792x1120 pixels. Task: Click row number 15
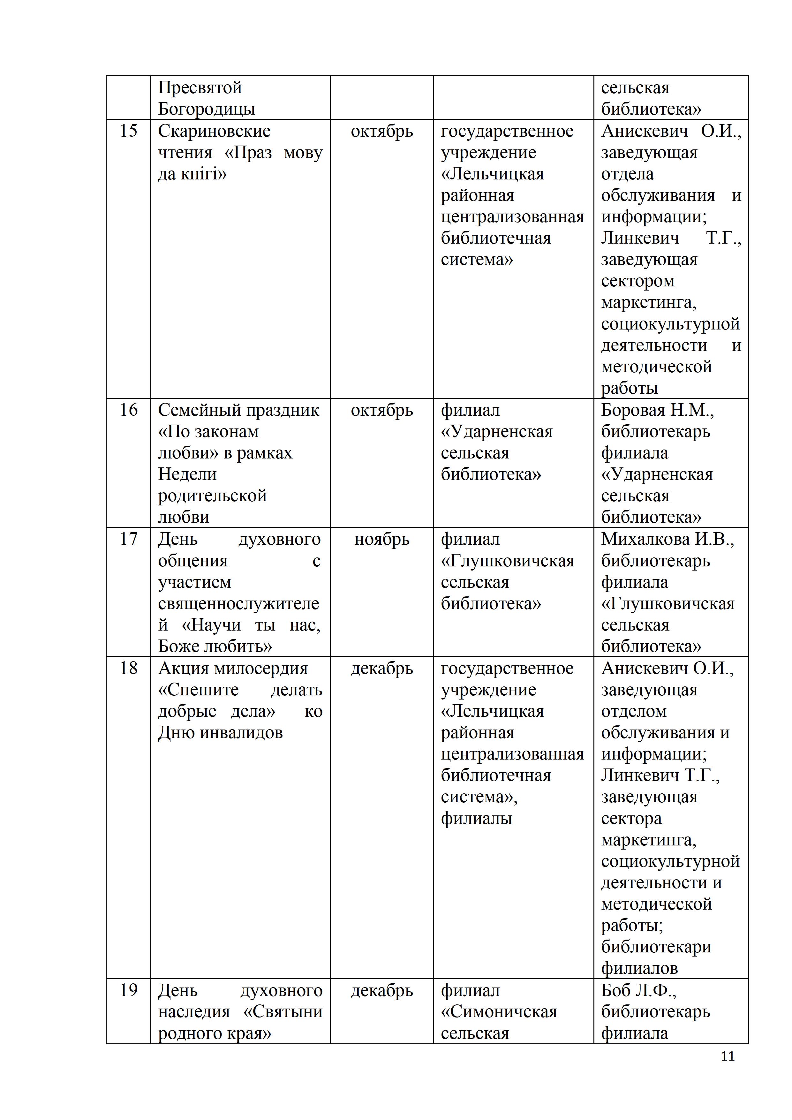[x=129, y=131]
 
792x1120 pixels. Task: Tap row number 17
[x=129, y=539]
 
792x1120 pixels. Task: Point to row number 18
[x=129, y=668]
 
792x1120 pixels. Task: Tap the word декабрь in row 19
[x=382, y=991]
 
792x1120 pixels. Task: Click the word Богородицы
[x=207, y=109]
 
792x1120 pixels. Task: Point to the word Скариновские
[x=214, y=131]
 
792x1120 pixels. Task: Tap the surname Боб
[x=616, y=990]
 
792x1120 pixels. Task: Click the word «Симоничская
[x=499, y=1012]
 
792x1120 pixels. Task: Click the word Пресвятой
[x=200, y=88]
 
